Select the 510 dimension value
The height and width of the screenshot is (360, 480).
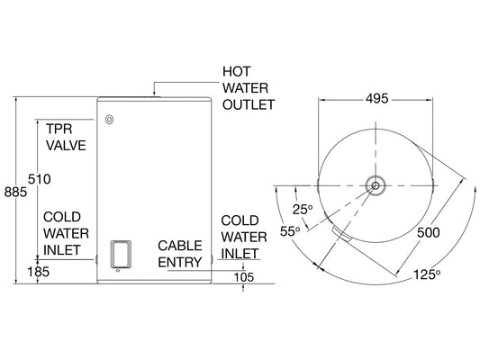40,180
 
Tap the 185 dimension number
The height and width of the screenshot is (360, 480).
38,270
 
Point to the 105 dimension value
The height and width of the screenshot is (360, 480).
244,276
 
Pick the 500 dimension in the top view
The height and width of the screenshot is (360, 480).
430,231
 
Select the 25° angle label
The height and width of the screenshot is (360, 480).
303,210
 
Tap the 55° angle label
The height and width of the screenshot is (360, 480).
290,231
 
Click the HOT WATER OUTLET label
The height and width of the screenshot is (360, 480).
248,87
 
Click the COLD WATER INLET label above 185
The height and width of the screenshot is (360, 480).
65,232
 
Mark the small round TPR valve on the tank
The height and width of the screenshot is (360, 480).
109,119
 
